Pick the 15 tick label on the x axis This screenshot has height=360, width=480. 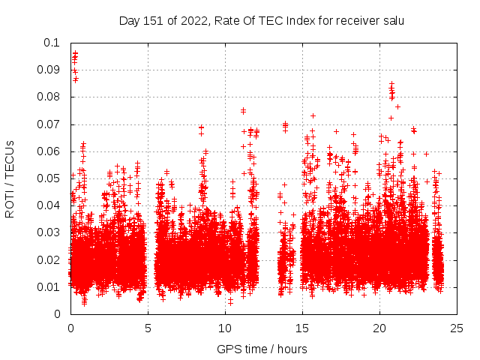[302, 328]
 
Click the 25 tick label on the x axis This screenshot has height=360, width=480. [457, 328]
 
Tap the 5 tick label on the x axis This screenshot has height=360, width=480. [148, 328]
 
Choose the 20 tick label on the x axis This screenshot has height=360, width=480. [379, 328]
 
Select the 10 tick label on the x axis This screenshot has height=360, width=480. [225, 328]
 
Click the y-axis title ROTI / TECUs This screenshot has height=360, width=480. [10, 178]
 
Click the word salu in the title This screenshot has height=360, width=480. [392, 20]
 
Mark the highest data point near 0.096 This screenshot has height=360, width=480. [75, 53]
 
